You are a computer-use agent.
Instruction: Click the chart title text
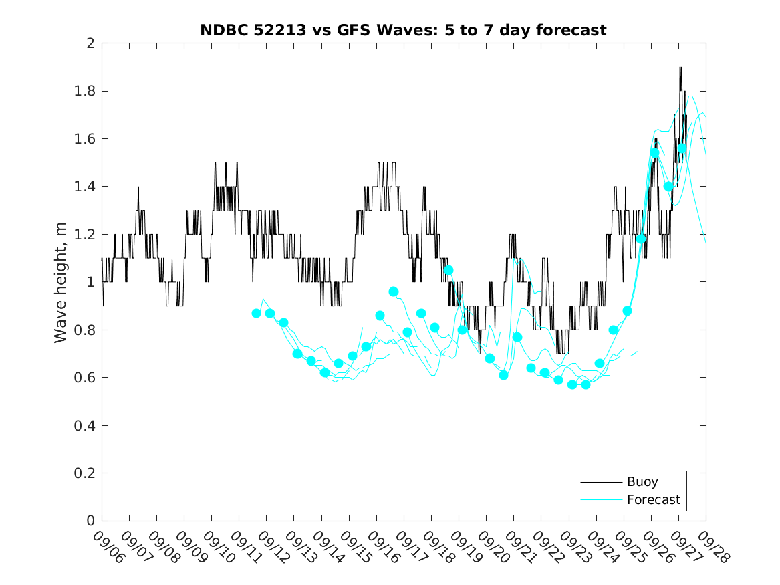click(403, 30)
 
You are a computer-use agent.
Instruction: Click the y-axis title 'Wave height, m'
click(61, 282)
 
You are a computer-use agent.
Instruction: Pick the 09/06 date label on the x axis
click(108, 548)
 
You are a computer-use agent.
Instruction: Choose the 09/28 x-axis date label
click(712, 548)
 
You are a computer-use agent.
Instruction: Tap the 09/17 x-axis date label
click(410, 548)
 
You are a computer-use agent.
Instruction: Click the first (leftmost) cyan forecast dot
click(256, 313)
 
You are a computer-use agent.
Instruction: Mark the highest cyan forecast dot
click(682, 148)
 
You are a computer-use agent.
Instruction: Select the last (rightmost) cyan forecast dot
click(682, 148)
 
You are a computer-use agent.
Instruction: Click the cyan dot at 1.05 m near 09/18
click(448, 270)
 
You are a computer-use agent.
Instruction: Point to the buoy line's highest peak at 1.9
click(680, 68)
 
